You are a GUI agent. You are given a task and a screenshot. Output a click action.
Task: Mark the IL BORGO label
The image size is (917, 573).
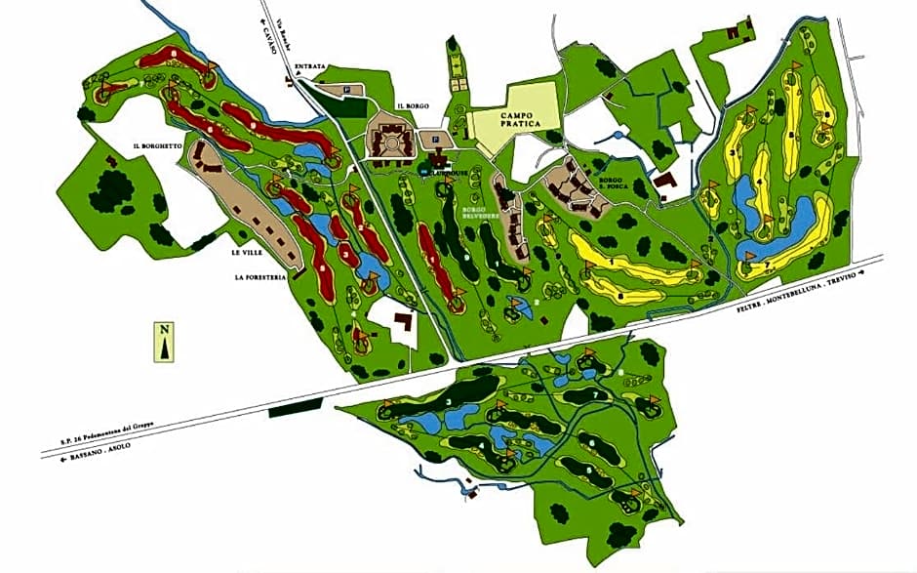point(414,104)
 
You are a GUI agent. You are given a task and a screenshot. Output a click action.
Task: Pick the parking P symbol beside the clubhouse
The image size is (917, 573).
point(435,140)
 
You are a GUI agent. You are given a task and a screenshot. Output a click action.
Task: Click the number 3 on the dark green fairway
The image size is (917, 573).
point(448,401)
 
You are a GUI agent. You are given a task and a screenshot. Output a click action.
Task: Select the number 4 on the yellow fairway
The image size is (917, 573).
point(760,181)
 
